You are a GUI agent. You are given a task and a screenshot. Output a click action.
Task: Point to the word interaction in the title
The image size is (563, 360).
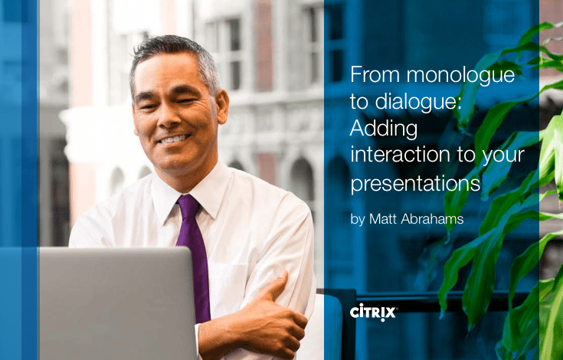(400, 155)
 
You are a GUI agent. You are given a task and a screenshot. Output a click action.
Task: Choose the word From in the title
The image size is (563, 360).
(375, 74)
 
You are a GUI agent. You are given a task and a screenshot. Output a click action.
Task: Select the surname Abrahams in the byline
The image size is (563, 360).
(432, 219)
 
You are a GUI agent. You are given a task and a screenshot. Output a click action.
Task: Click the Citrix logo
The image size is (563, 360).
(374, 313)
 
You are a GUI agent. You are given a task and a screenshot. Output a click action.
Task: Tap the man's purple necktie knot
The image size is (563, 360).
(188, 205)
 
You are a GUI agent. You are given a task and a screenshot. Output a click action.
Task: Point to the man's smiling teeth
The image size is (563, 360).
(174, 139)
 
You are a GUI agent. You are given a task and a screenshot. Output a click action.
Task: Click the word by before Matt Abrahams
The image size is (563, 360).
(358, 219)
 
